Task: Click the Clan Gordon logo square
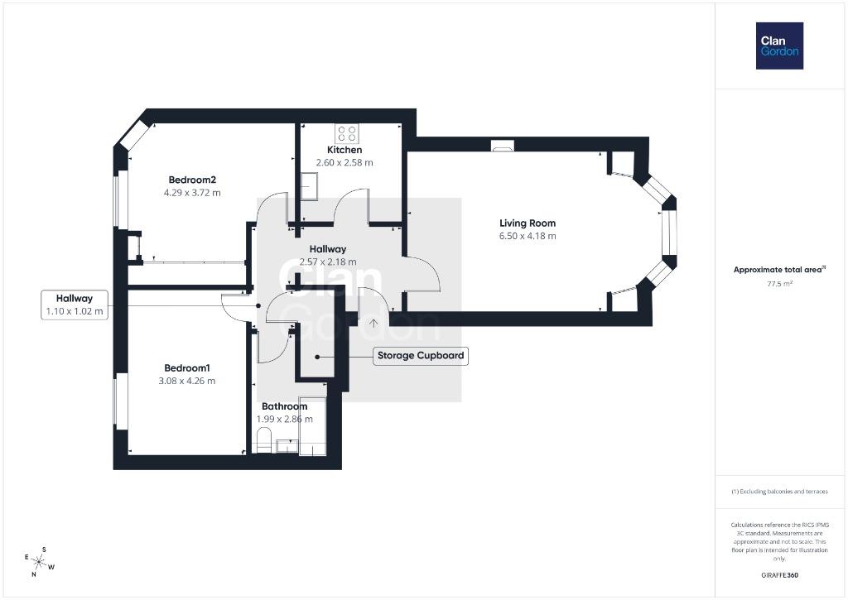tap(779, 46)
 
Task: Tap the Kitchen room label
tap(344, 150)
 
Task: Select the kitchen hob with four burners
tap(346, 133)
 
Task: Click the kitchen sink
tap(309, 186)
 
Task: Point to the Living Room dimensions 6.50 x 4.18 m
tap(528, 236)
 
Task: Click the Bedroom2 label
tap(192, 180)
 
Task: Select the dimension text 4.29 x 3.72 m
tap(192, 193)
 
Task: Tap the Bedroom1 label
tap(186, 368)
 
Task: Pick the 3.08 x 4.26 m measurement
tap(186, 381)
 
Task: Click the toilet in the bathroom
tap(263, 440)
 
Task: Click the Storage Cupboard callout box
tap(420, 356)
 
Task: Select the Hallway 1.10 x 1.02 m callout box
tap(75, 305)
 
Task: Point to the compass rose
tap(39, 563)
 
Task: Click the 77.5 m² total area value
tap(779, 283)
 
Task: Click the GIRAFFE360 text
tap(779, 575)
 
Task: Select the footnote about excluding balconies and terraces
tap(779, 492)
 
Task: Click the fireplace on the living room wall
tap(503, 146)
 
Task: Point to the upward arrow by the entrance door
tap(373, 324)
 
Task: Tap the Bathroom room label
tap(285, 406)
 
